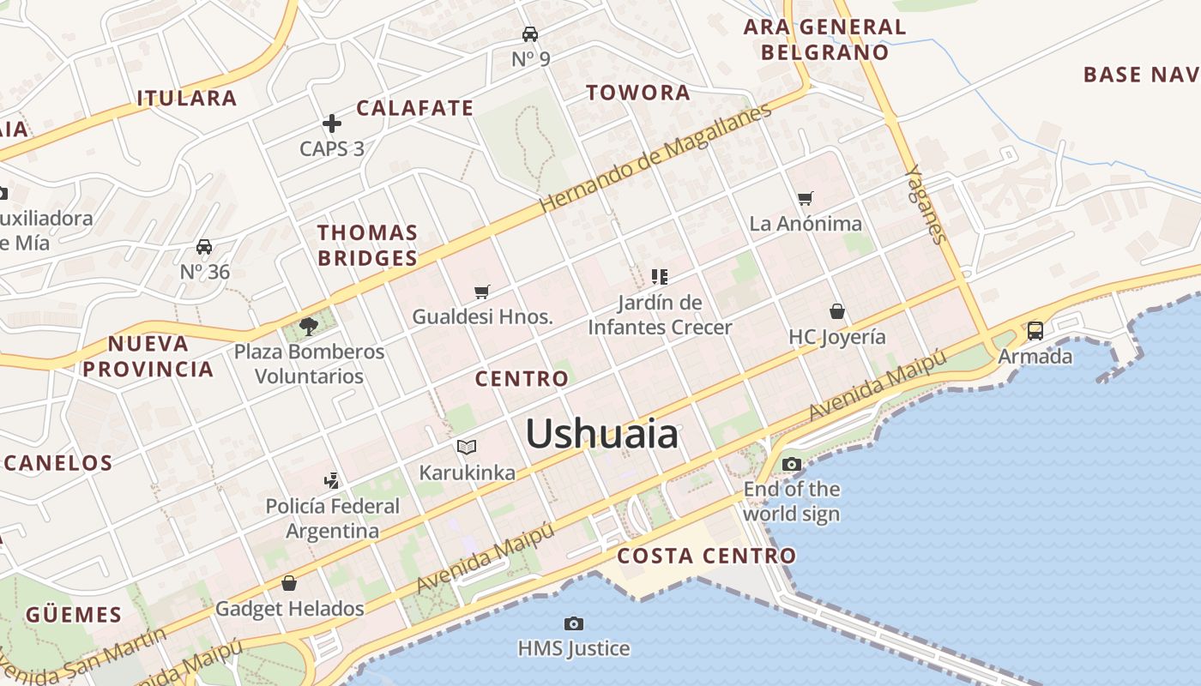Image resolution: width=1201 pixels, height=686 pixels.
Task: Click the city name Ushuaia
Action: point(601,434)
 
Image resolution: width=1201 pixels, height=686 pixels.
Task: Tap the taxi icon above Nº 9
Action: point(530,34)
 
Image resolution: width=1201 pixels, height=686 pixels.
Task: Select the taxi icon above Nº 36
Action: point(204,247)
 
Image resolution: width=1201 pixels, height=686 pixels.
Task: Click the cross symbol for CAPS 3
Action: point(332,123)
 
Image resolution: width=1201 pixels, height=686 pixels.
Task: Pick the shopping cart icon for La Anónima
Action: point(805,199)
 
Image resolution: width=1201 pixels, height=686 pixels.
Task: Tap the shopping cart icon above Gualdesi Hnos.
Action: point(482,292)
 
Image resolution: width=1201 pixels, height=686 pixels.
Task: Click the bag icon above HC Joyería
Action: point(837,311)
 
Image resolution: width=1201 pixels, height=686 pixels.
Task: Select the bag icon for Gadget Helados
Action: point(289,584)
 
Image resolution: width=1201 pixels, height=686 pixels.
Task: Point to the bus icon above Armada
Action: point(1035,331)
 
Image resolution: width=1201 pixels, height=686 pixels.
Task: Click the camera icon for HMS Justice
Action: point(574,623)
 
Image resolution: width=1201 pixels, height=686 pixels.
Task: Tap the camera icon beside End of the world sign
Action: point(791,465)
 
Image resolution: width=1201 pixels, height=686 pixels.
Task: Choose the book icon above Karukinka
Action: point(467,447)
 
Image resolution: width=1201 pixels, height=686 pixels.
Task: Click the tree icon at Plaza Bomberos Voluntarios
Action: point(309,326)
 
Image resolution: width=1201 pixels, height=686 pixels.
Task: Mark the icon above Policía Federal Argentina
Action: point(332,481)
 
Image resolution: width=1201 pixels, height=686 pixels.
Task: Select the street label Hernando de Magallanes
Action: point(655,159)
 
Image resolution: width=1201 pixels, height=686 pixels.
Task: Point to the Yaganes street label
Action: point(926,204)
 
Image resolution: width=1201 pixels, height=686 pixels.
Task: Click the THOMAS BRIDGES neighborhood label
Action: point(367,245)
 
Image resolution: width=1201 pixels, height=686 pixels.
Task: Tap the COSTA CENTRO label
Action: point(707,556)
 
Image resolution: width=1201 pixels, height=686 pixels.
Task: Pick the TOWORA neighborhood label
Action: point(638,93)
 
